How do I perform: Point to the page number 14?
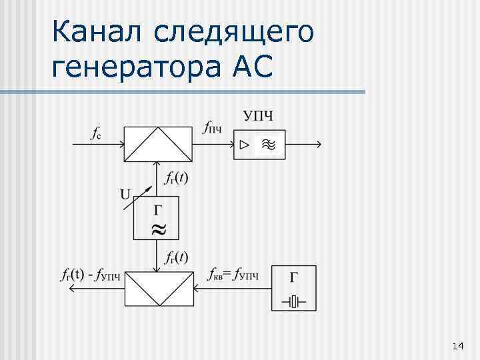coord(457,345)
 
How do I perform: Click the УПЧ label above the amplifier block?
coord(259,117)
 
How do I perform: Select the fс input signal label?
coord(96,133)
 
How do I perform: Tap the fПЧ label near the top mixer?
coord(212,129)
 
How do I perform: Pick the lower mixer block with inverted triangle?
coord(158,287)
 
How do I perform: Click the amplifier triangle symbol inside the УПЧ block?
coord(245,144)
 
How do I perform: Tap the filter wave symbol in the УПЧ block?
coord(269,145)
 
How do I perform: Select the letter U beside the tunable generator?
coord(125,194)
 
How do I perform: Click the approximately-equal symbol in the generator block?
coord(157,231)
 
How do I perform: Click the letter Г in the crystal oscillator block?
coord(294,276)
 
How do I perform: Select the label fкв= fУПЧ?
coord(232,274)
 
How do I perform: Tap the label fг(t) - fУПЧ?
coord(91,274)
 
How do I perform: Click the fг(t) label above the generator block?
coord(176,178)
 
